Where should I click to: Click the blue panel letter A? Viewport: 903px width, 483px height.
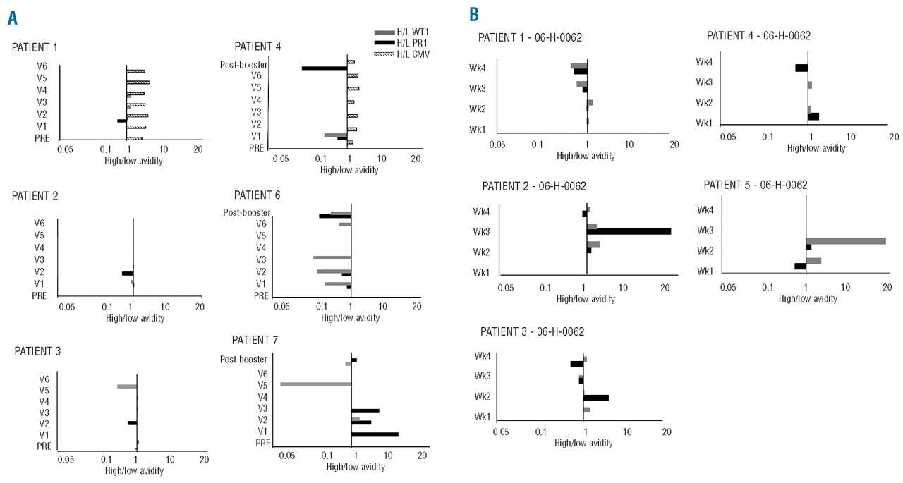pyautogui.click(x=12, y=19)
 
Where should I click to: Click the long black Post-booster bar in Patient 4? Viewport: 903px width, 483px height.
pyautogui.click(x=325, y=68)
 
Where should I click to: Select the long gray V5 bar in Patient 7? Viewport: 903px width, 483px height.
pyautogui.click(x=315, y=384)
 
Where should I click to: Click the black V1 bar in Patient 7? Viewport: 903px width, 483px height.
pyautogui.click(x=375, y=434)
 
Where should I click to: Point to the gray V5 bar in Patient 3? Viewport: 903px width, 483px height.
pyautogui.click(x=127, y=386)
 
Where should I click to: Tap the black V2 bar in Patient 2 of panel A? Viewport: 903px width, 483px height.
pyautogui.click(x=128, y=274)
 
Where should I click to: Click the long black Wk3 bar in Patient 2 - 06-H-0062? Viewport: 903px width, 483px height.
pyautogui.click(x=629, y=231)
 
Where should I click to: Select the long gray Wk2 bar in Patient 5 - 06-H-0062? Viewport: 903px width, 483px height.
pyautogui.click(x=846, y=241)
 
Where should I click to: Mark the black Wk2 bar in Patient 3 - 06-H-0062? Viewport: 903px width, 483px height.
pyautogui.click(x=596, y=398)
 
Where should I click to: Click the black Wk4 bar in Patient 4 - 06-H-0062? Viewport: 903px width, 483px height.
pyautogui.click(x=801, y=68)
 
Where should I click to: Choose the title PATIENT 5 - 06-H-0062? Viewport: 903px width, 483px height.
pyautogui.click(x=756, y=185)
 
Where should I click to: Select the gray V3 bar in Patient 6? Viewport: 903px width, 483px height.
pyautogui.click(x=332, y=258)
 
